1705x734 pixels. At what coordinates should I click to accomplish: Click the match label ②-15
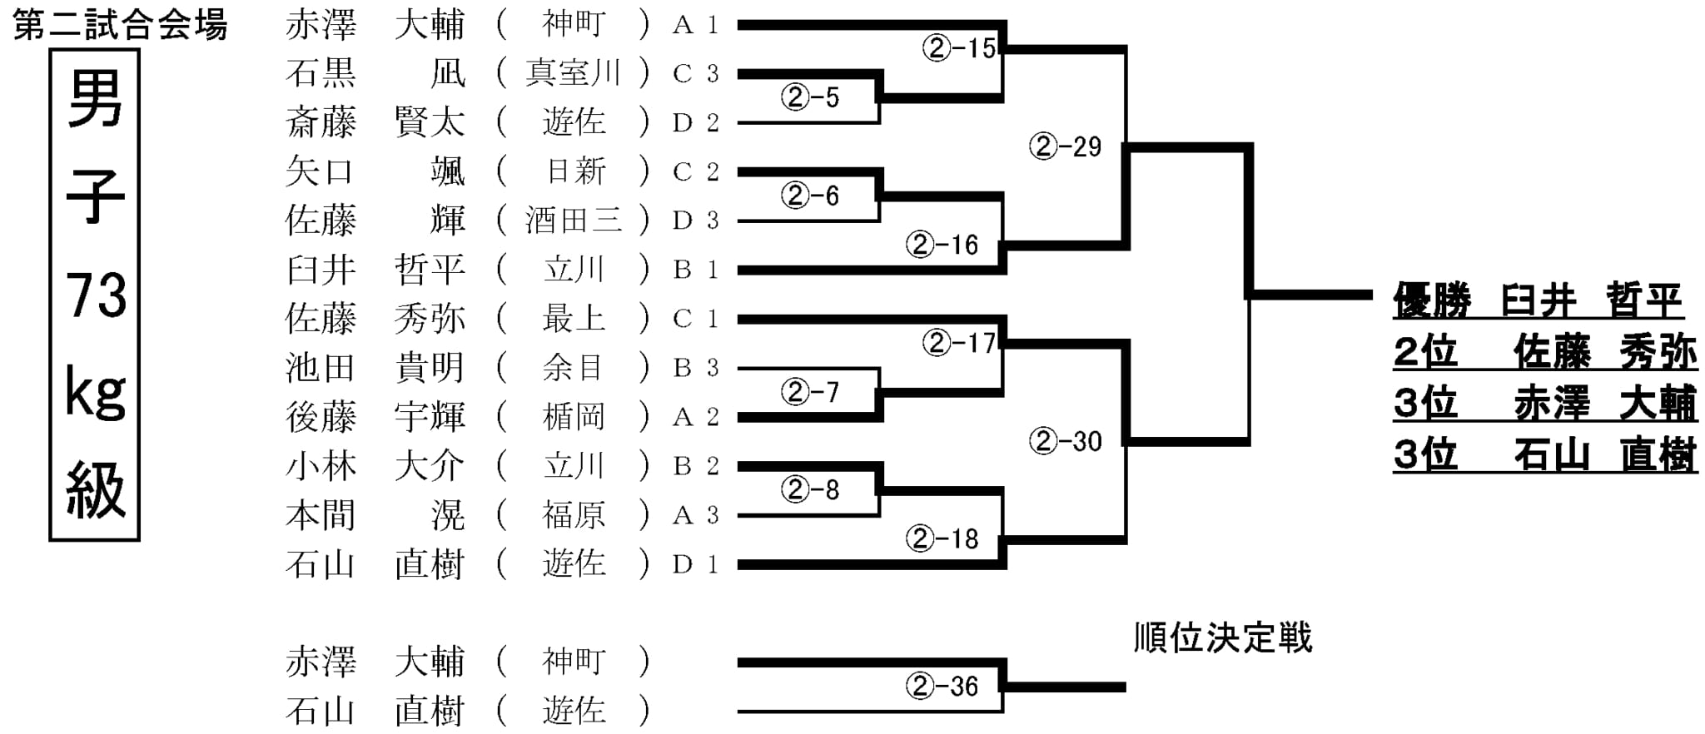coord(959,48)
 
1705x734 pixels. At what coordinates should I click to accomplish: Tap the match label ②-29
coord(1066,146)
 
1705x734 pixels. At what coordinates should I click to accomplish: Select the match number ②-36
coord(942,686)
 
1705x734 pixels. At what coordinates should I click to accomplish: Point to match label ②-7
coord(810,391)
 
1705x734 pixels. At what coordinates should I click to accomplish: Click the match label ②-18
coord(942,538)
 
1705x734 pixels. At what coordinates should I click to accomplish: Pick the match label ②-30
coord(1066,440)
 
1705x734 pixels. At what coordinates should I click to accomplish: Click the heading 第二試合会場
coord(121,26)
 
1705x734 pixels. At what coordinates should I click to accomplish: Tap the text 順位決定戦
coord(1223,638)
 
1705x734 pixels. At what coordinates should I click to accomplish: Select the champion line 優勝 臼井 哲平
coord(1538,300)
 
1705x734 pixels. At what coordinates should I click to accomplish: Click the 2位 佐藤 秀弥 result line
coord(1545,352)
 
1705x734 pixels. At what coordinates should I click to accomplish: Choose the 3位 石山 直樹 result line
coord(1545,455)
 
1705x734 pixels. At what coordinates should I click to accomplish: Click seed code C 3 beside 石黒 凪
coord(695,74)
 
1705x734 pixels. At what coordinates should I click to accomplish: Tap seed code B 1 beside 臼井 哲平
coord(695,270)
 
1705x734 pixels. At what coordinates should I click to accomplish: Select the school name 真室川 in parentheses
coord(573,73)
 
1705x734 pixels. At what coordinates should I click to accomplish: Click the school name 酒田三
coord(573,221)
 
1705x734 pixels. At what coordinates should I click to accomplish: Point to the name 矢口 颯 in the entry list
coord(375,171)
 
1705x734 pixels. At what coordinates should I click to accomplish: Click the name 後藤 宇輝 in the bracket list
coord(375,417)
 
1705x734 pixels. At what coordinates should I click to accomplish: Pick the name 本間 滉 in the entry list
coord(375,515)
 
